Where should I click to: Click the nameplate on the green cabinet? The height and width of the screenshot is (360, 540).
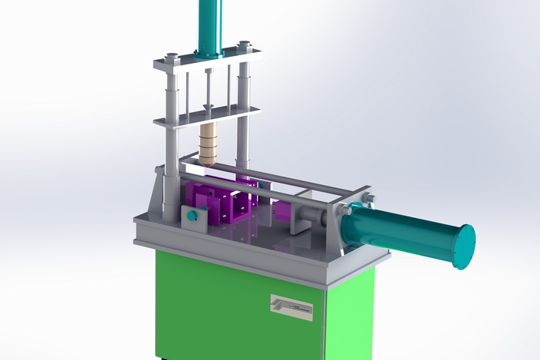(x=291, y=307)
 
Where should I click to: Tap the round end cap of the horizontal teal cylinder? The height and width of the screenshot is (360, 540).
(x=464, y=246)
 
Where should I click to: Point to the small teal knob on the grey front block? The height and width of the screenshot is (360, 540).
(x=192, y=216)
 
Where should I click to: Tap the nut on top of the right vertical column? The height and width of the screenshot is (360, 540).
(x=244, y=44)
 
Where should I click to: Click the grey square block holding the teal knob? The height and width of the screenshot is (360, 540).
(x=194, y=219)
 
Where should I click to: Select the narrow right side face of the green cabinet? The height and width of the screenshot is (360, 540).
(x=350, y=315)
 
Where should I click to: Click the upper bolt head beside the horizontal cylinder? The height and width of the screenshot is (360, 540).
(x=369, y=199)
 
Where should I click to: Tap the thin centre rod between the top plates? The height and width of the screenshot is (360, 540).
(x=207, y=88)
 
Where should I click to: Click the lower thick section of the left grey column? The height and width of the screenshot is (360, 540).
(x=171, y=192)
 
